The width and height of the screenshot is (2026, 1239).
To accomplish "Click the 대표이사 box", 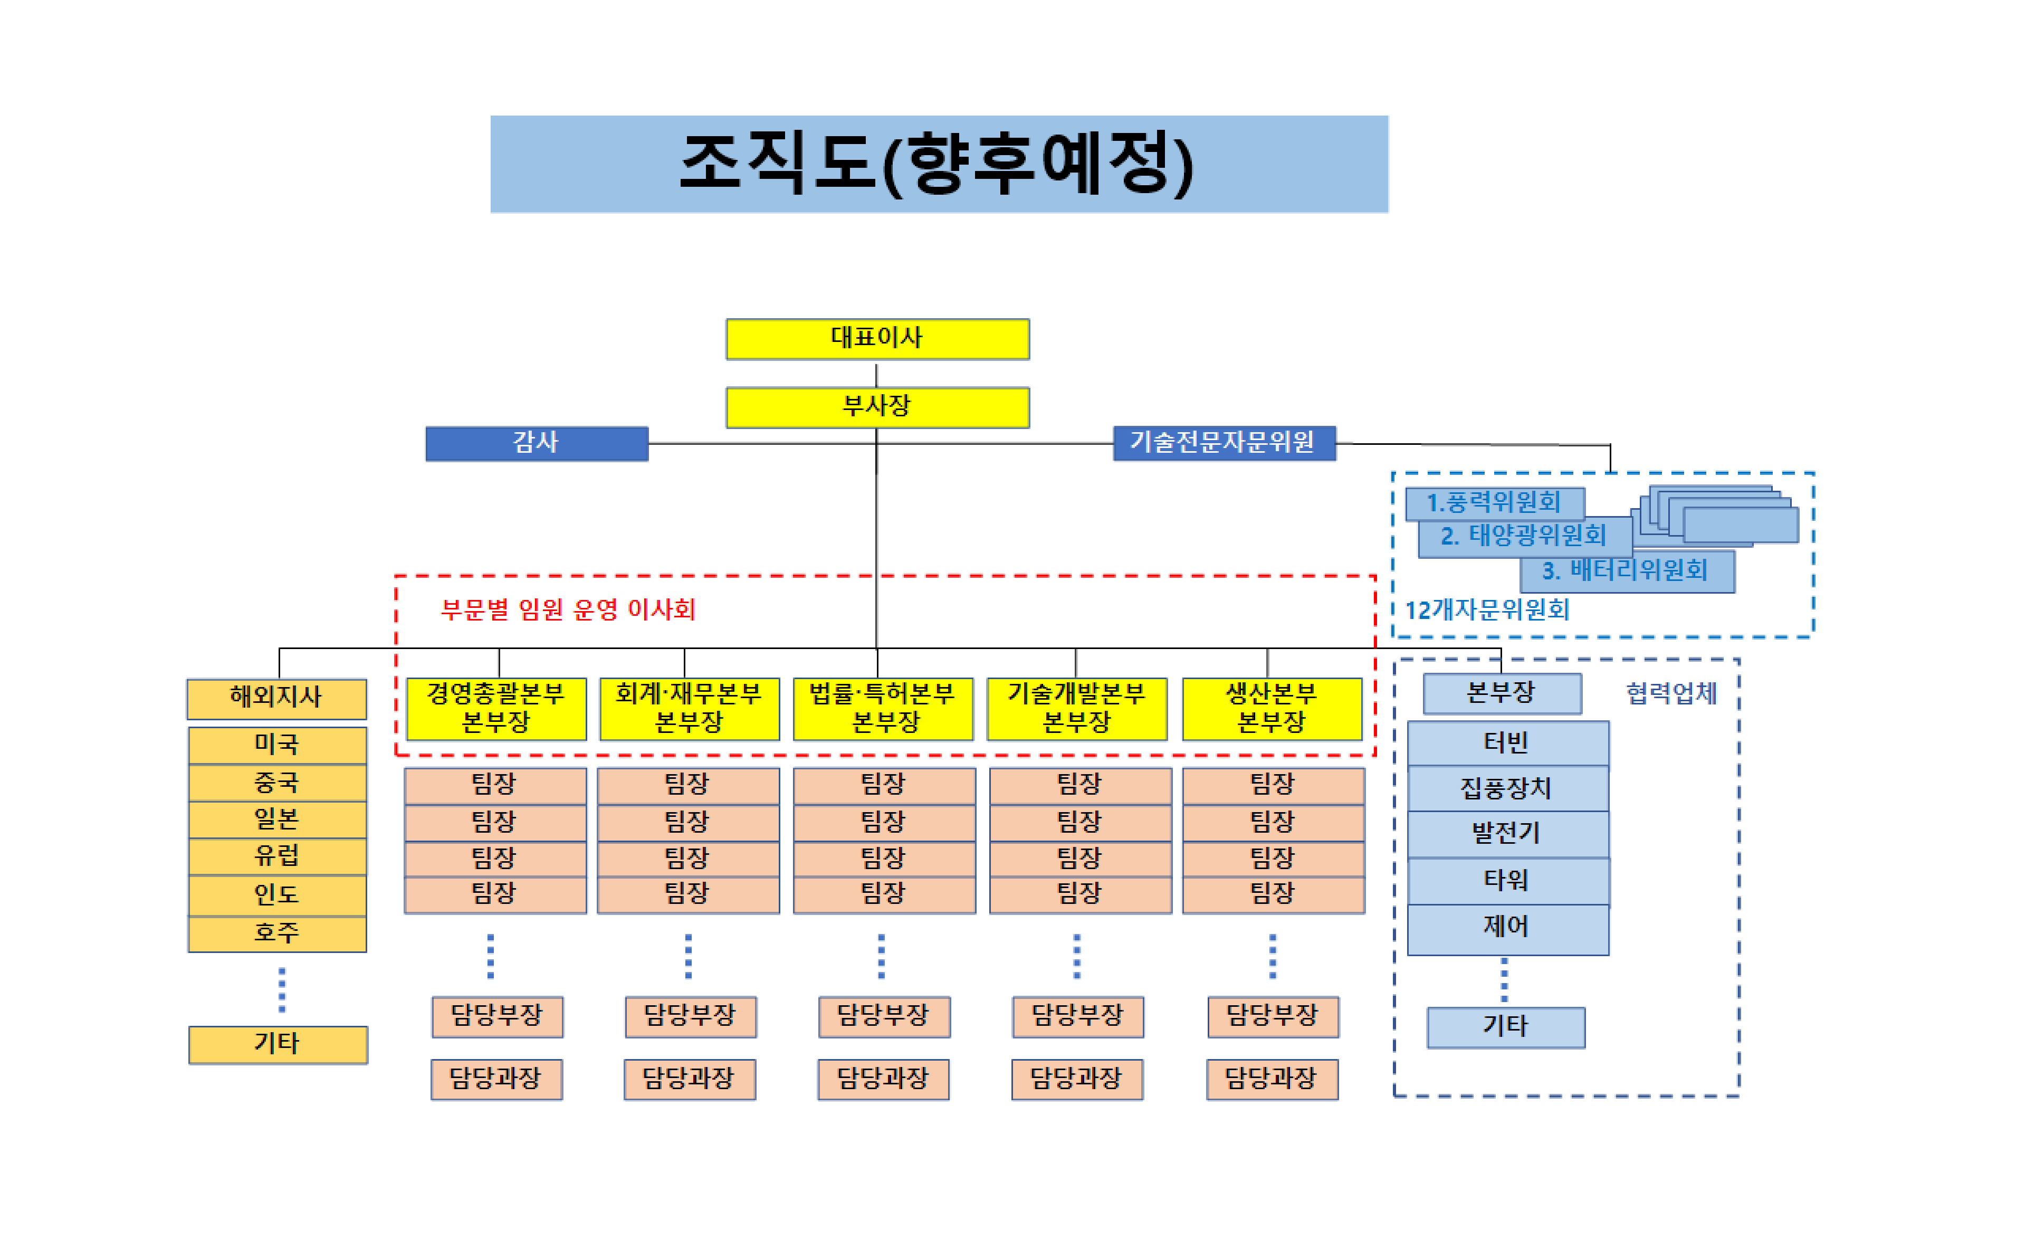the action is pyautogui.click(x=877, y=339).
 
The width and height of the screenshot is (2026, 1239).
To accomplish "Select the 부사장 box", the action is pyautogui.click(x=877, y=407).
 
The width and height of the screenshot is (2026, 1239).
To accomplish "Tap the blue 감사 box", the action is pyautogui.click(x=537, y=443).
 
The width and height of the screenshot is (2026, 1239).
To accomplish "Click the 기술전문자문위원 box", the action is pyautogui.click(x=1225, y=443).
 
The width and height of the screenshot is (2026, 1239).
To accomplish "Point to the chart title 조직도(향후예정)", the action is pyautogui.click(x=939, y=164).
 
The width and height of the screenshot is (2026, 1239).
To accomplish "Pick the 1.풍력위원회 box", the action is pyautogui.click(x=1495, y=503).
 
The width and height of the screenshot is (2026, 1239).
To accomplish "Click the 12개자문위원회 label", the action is pyautogui.click(x=1487, y=610).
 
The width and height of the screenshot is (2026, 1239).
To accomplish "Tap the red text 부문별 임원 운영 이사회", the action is pyautogui.click(x=568, y=609).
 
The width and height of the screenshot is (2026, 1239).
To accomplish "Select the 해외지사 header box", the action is pyautogui.click(x=277, y=699).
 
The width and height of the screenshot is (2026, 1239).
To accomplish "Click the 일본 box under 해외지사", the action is pyautogui.click(x=277, y=819).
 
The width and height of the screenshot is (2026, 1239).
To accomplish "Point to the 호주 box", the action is pyautogui.click(x=277, y=934).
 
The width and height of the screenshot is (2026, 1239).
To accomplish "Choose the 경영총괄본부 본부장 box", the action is pyautogui.click(x=496, y=709).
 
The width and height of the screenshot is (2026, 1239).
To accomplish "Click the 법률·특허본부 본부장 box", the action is pyautogui.click(x=883, y=709).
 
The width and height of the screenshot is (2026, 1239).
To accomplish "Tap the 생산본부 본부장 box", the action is pyautogui.click(x=1272, y=709).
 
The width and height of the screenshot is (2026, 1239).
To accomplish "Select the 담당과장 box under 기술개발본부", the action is pyautogui.click(x=1077, y=1080).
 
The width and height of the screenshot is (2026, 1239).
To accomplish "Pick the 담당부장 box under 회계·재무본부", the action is pyautogui.click(x=691, y=1017).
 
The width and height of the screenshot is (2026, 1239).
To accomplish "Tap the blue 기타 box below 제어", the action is pyautogui.click(x=1506, y=1028).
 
